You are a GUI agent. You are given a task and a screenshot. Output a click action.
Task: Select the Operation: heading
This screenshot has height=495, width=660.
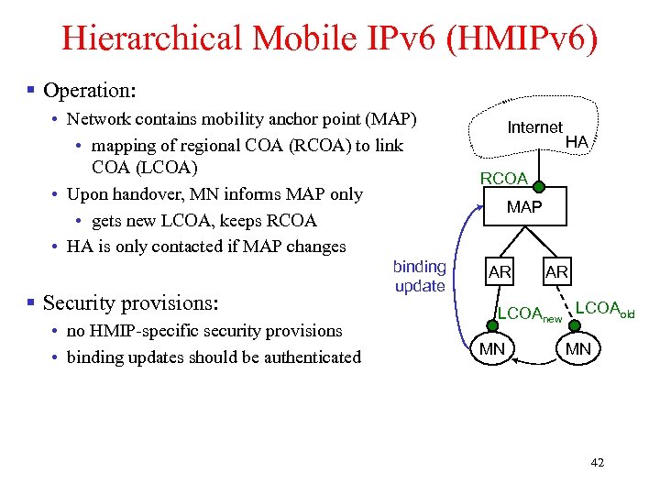[x=89, y=91]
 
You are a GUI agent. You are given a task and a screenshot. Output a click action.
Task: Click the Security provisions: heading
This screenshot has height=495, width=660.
[x=129, y=302]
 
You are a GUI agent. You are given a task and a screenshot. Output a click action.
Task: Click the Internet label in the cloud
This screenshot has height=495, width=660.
[x=535, y=127]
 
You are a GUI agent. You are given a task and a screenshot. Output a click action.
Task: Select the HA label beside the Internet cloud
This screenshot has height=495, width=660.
[x=577, y=141]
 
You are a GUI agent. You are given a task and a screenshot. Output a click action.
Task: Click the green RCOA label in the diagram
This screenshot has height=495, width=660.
[x=504, y=178]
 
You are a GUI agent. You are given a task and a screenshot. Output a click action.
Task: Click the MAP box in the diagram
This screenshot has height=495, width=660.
[x=524, y=207]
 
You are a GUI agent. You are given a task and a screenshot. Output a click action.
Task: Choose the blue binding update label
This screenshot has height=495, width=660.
[x=420, y=276]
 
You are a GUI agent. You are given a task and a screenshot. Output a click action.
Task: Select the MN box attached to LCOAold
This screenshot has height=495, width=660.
[x=577, y=348]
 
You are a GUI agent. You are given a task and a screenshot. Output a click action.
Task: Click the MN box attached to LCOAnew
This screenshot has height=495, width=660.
[x=492, y=348]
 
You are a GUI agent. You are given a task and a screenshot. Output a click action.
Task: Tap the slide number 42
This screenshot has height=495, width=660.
[x=597, y=463]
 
